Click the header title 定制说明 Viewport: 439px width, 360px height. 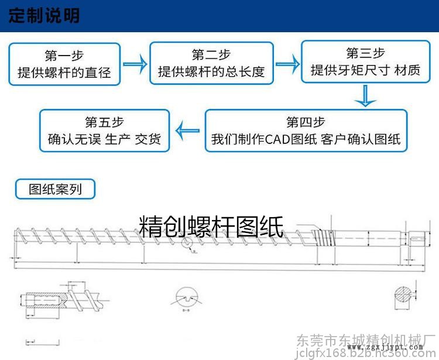(x=44, y=15)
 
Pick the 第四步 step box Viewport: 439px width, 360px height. (x=306, y=131)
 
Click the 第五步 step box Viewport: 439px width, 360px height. (x=104, y=131)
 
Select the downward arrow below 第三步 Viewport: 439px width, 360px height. (x=365, y=96)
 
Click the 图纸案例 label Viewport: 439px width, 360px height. (x=55, y=189)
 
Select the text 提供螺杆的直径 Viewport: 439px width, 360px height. (x=64, y=73)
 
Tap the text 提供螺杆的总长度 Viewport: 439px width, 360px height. (x=211, y=72)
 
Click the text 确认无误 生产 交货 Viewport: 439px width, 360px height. (x=104, y=139)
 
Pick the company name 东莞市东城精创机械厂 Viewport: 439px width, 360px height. (x=367, y=340)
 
